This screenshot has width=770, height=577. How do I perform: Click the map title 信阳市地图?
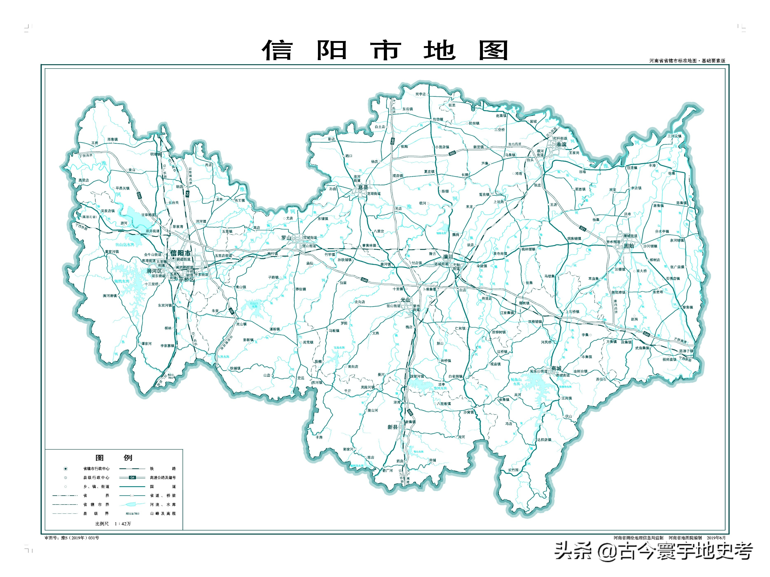(385, 50)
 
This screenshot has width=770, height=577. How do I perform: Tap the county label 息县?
(363, 187)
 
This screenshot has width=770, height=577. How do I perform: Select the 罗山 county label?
(286, 238)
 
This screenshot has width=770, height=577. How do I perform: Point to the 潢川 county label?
(448, 257)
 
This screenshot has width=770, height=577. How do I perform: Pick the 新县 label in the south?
(392, 427)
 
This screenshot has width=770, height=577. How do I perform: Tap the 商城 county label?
(556, 368)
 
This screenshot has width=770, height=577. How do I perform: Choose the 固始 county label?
(629, 246)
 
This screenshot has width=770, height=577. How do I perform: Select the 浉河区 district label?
(154, 271)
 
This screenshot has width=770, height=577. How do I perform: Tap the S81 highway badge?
(583, 229)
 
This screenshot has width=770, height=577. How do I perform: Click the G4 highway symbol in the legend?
(132, 477)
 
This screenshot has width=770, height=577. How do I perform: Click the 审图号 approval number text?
(72, 538)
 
